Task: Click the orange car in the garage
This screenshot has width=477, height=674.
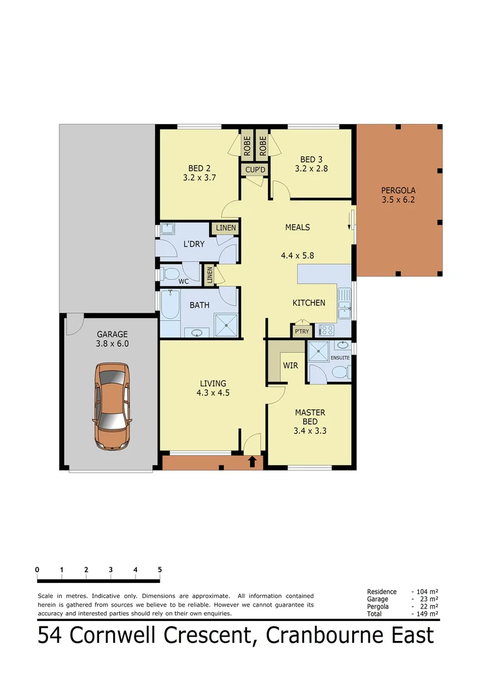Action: click(x=112, y=406)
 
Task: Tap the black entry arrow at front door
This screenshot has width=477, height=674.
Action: click(x=252, y=462)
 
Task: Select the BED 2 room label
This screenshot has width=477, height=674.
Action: click(x=199, y=168)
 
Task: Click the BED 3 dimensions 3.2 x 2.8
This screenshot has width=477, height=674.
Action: click(x=312, y=168)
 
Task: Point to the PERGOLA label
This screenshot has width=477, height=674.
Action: click(x=398, y=190)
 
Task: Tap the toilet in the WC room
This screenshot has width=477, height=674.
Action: click(x=170, y=273)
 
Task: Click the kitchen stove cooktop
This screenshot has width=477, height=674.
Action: click(x=327, y=330)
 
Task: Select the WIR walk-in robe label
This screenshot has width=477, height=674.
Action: click(x=290, y=365)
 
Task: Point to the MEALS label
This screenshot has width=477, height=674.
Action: click(x=297, y=227)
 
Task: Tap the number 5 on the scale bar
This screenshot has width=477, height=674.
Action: click(x=160, y=570)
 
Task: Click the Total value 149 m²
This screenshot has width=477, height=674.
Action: click(x=425, y=613)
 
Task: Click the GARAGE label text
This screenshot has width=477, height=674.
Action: click(x=112, y=335)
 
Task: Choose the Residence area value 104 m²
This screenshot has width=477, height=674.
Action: click(x=425, y=592)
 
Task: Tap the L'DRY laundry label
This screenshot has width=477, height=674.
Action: click(x=194, y=243)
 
